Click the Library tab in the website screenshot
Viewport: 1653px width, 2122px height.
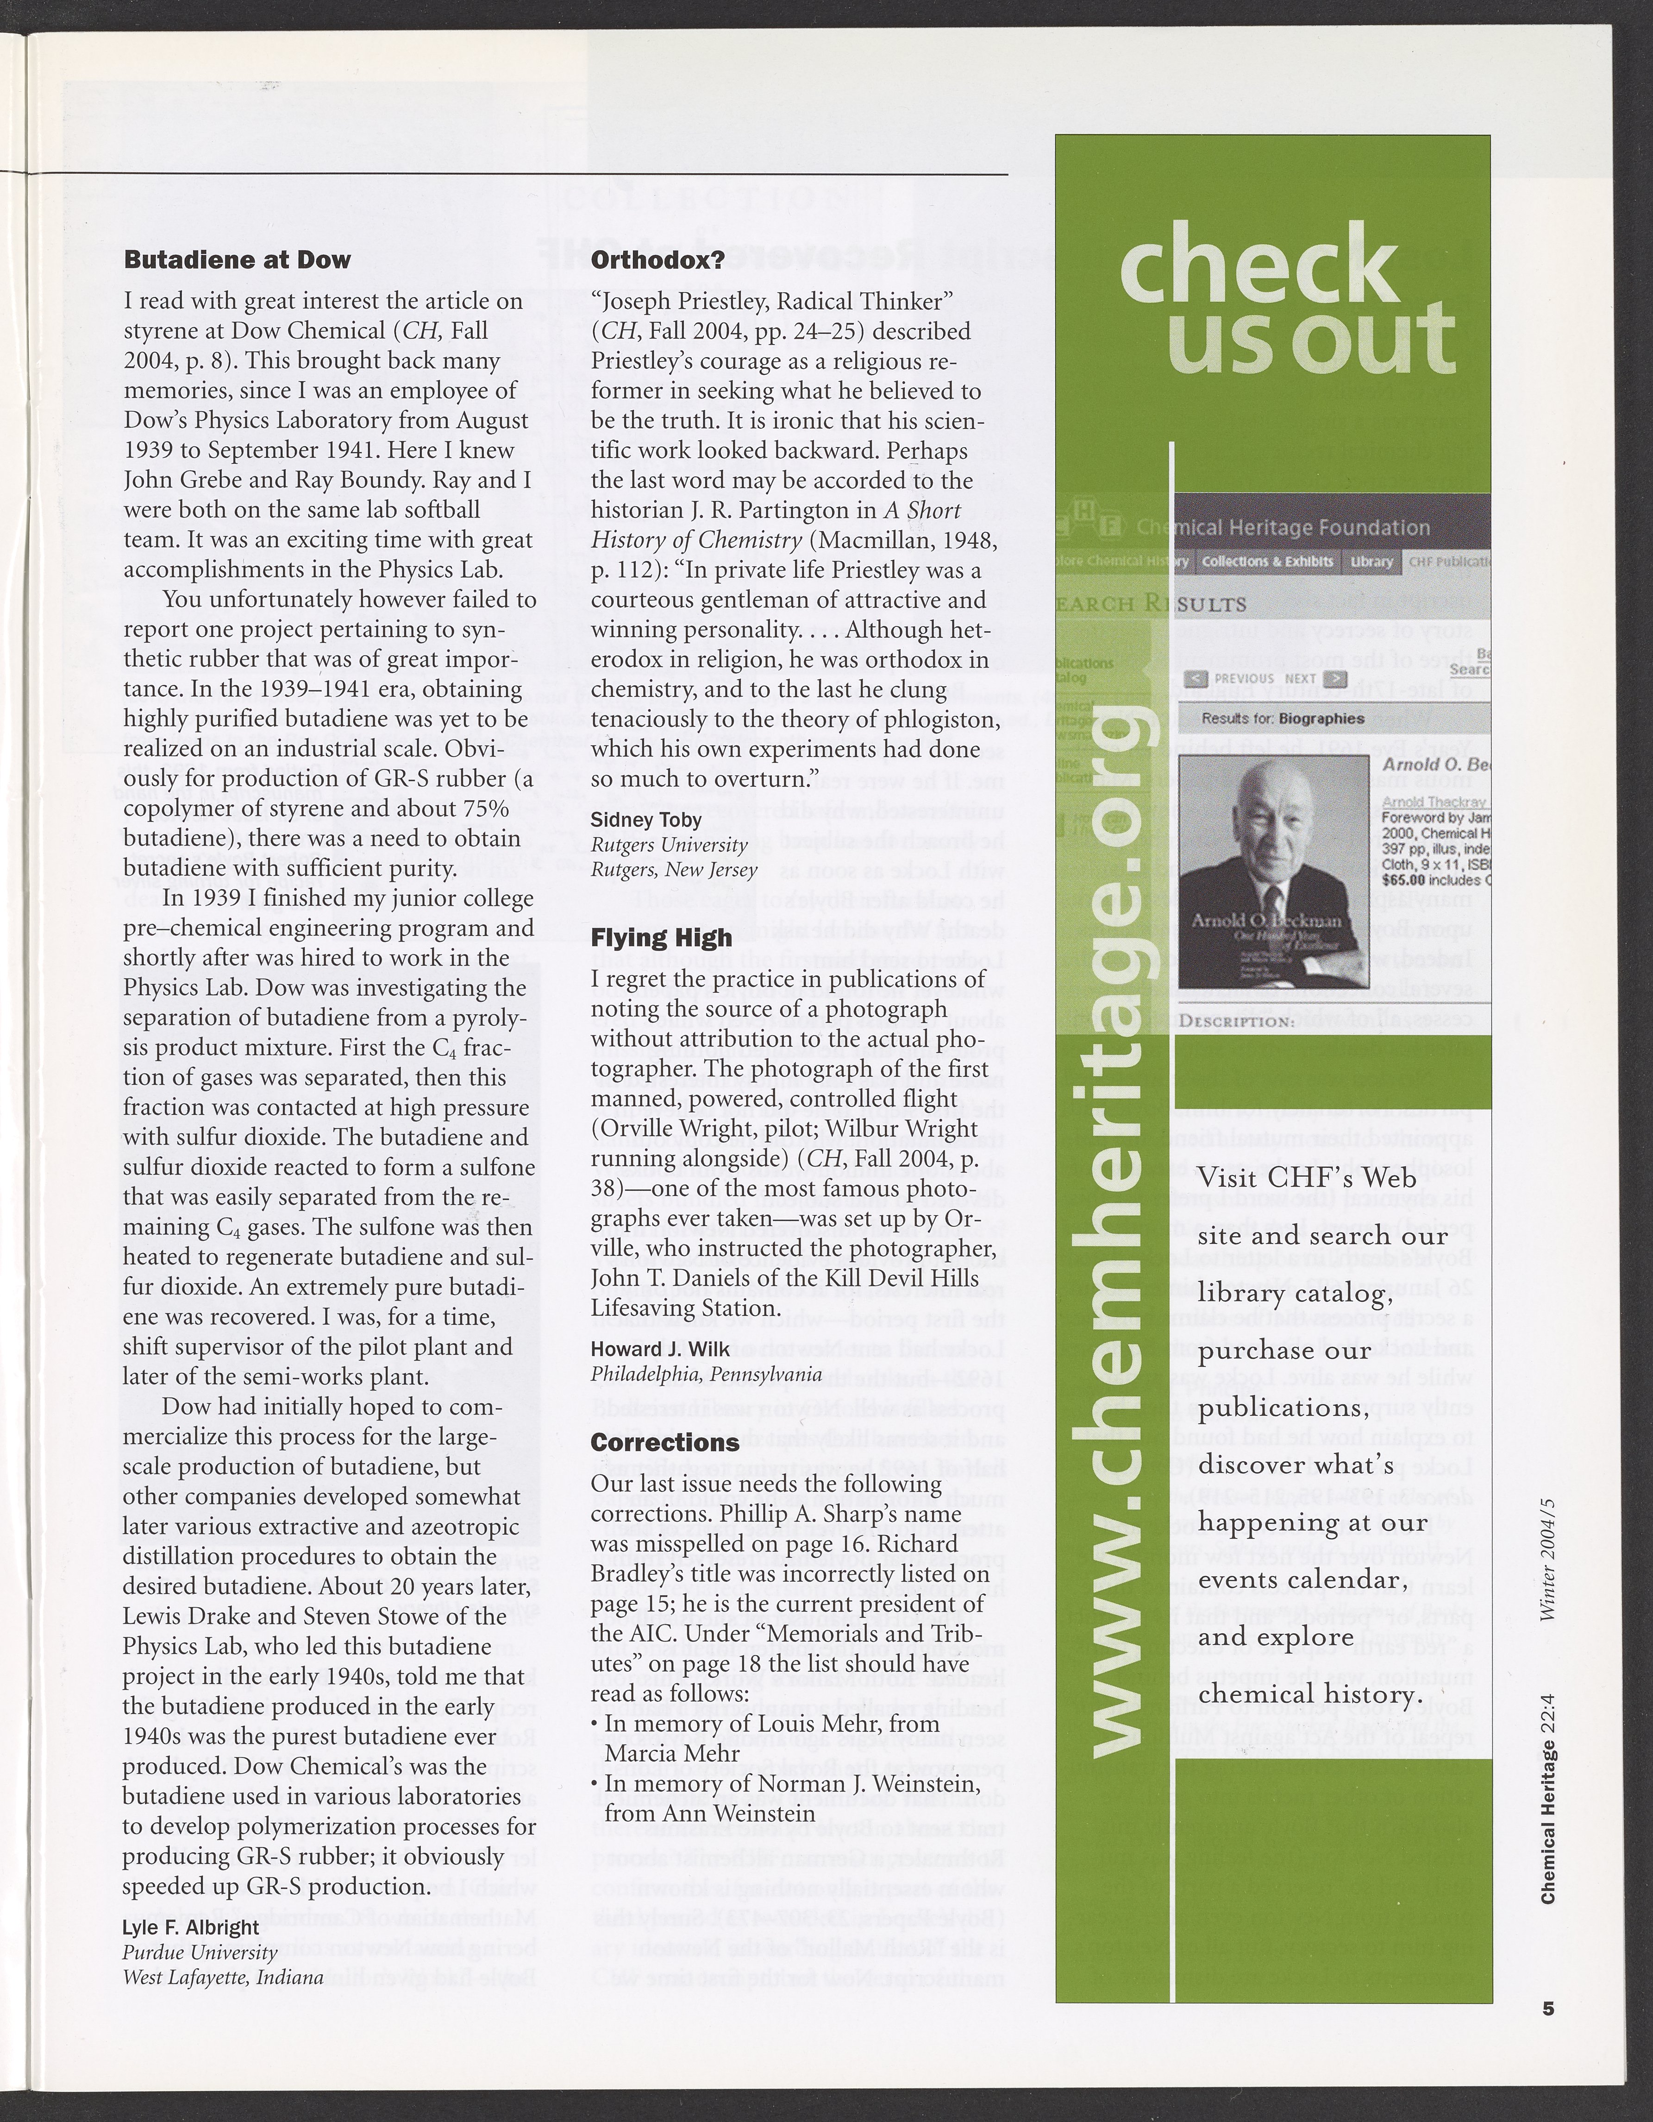tap(1371, 562)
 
